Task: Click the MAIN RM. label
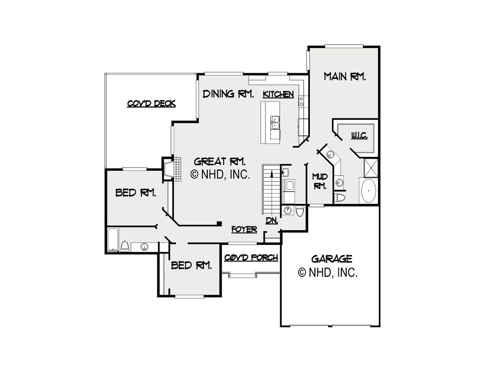345,76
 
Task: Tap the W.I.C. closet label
359,135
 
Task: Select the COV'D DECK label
151,104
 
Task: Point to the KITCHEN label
278,94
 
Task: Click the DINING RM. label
228,93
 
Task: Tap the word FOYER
244,229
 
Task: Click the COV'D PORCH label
251,258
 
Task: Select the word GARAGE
332,259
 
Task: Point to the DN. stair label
271,221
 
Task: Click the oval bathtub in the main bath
368,191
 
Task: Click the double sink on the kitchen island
275,122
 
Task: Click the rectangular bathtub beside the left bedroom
113,240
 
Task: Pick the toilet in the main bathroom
340,197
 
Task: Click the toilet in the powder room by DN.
300,211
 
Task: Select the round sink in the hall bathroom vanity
144,247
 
